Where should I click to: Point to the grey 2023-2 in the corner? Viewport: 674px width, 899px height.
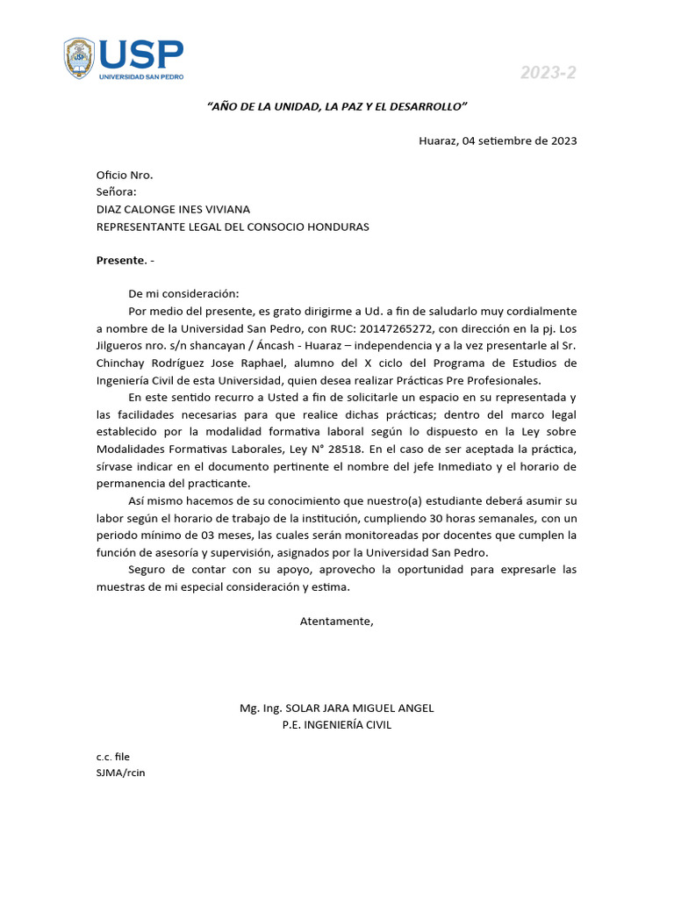tap(549, 73)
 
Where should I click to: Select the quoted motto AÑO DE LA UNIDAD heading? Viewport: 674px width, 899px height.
tap(337, 106)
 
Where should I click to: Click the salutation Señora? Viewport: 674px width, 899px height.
tap(116, 191)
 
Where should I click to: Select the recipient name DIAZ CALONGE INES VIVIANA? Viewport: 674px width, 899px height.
tap(173, 209)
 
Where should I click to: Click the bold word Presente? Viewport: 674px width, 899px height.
tap(120, 260)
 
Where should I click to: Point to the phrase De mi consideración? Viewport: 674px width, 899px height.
tap(183, 294)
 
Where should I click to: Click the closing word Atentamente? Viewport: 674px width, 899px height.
tap(336, 621)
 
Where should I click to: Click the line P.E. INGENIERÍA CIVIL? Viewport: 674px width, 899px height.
tap(336, 724)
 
